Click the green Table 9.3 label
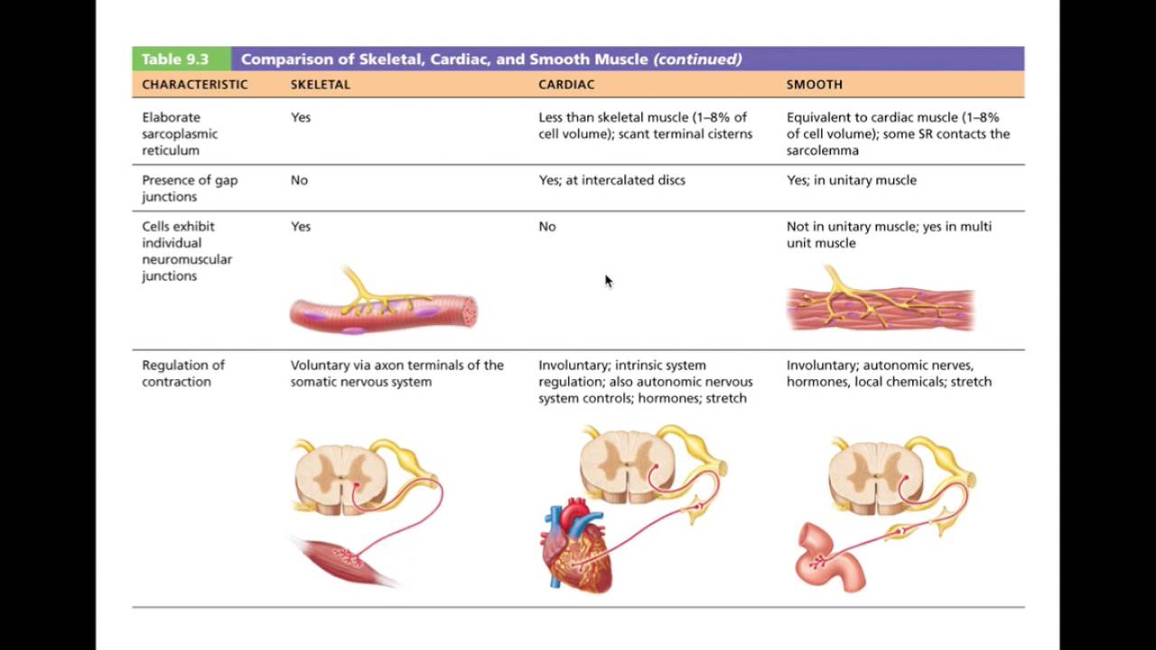tap(175, 60)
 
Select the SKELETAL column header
tap(320, 84)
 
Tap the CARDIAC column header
tap(566, 84)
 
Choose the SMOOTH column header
tap(814, 84)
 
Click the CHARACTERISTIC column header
tap(194, 84)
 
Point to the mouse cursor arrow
tap(608, 280)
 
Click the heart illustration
tap(577, 546)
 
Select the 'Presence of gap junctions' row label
tap(190, 188)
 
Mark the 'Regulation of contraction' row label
tap(182, 373)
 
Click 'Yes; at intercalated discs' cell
tap(611, 180)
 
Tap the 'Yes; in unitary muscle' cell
tap(851, 180)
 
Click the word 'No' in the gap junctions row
tap(299, 180)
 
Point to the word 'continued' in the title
tap(697, 60)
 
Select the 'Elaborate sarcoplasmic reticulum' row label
tap(180, 134)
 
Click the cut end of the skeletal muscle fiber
tap(468, 312)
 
